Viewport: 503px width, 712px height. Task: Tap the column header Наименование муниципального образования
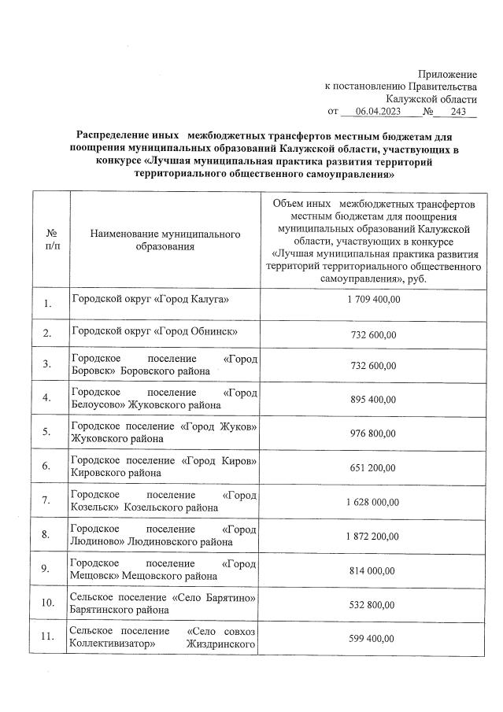click(x=165, y=241)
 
